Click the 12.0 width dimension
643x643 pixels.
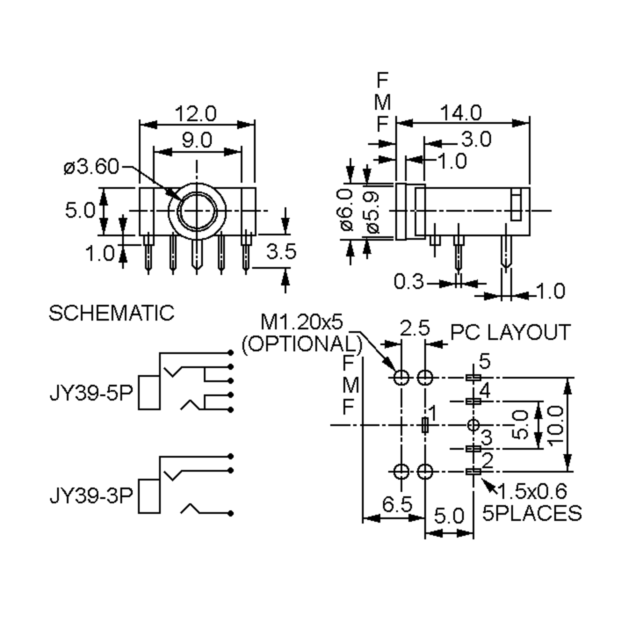pos(196,114)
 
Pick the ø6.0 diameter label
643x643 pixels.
pos(347,210)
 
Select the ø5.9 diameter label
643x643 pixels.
pos(373,212)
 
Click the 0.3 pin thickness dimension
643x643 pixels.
pos(409,282)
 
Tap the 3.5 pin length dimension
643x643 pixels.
pos(281,251)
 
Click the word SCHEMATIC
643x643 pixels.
pos(111,313)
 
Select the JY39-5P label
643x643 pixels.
pos(91,393)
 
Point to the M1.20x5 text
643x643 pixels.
pos(301,322)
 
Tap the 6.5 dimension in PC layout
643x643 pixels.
pos(397,504)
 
